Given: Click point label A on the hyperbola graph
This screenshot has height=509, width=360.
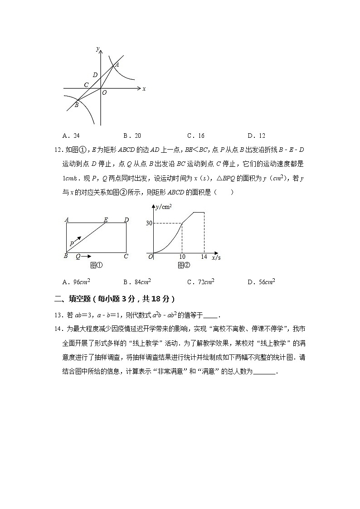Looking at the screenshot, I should click(117, 64).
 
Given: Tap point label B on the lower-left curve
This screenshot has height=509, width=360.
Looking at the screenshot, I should click(76, 105).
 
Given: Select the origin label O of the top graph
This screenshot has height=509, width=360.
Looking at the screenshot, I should click(104, 92).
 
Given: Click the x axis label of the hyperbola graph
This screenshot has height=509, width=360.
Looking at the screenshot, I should click(144, 89).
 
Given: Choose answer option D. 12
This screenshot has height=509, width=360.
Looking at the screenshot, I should click(256, 136).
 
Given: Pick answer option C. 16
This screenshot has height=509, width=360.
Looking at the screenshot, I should click(195, 136).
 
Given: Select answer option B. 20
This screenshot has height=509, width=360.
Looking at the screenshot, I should click(132, 136).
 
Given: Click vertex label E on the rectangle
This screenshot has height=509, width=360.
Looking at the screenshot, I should click(106, 220).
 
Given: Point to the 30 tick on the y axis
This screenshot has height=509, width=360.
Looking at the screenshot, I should click(149, 223).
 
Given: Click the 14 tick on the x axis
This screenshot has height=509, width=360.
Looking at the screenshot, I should click(204, 257).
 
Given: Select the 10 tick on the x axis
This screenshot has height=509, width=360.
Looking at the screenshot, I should click(182, 257).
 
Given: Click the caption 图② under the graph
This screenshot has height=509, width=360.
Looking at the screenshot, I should click(184, 265).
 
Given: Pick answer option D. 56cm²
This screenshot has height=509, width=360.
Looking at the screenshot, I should click(261, 282).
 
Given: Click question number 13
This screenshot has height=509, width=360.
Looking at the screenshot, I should click(58, 315).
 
